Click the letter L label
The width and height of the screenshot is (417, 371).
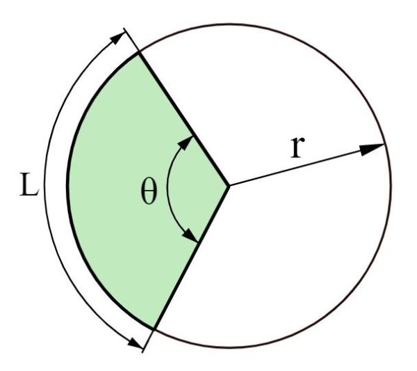(x=29, y=184)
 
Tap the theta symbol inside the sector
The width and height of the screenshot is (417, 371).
(x=149, y=191)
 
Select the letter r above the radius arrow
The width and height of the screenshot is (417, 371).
(x=297, y=147)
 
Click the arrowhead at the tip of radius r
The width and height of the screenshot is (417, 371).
(x=372, y=149)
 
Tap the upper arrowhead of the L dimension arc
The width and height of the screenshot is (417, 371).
(x=117, y=38)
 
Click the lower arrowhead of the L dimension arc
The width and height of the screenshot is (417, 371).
(x=136, y=343)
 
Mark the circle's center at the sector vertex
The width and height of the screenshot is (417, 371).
(x=229, y=186)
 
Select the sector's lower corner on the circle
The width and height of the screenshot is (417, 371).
(x=154, y=329)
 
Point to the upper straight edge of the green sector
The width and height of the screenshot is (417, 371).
(x=183, y=119)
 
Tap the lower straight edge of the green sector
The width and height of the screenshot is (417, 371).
(x=192, y=258)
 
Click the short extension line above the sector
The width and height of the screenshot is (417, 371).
(x=131, y=40)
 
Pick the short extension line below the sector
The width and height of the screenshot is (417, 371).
(x=148, y=341)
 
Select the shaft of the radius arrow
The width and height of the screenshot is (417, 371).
(x=306, y=165)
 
